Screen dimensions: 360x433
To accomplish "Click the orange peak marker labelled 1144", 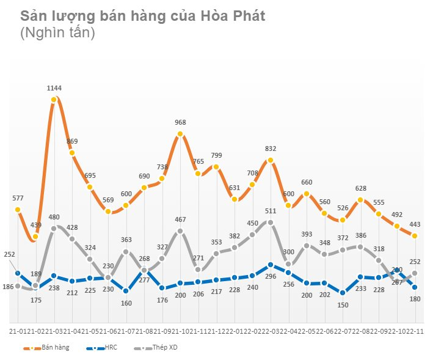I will (x=54, y=99).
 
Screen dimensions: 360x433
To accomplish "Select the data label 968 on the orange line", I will (x=180, y=123).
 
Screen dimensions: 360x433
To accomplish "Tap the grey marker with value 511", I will (x=270, y=222).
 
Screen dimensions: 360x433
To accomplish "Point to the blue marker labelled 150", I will (x=342, y=293).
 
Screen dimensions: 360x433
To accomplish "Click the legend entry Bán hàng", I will (x=56, y=348).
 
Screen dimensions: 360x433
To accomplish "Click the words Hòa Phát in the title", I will (x=233, y=16).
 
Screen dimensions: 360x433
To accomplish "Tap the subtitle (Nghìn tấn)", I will (x=57, y=34).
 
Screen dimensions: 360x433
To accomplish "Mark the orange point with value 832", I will (x=270, y=160).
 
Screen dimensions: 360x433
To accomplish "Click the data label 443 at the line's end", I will (x=416, y=224).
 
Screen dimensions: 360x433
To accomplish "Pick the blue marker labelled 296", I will (x=270, y=265).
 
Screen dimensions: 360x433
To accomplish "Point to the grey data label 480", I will (x=54, y=216).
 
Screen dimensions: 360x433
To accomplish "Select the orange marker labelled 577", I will (x=18, y=210).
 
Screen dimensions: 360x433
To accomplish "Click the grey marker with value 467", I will (x=180, y=231).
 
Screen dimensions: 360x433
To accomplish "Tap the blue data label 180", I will (x=416, y=299).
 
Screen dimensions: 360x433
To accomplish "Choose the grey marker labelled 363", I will (x=126, y=252).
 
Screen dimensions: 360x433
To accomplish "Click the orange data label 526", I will (x=342, y=208).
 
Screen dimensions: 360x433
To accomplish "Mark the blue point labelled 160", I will (x=126, y=291).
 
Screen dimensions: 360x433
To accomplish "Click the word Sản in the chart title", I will (x=33, y=16).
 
